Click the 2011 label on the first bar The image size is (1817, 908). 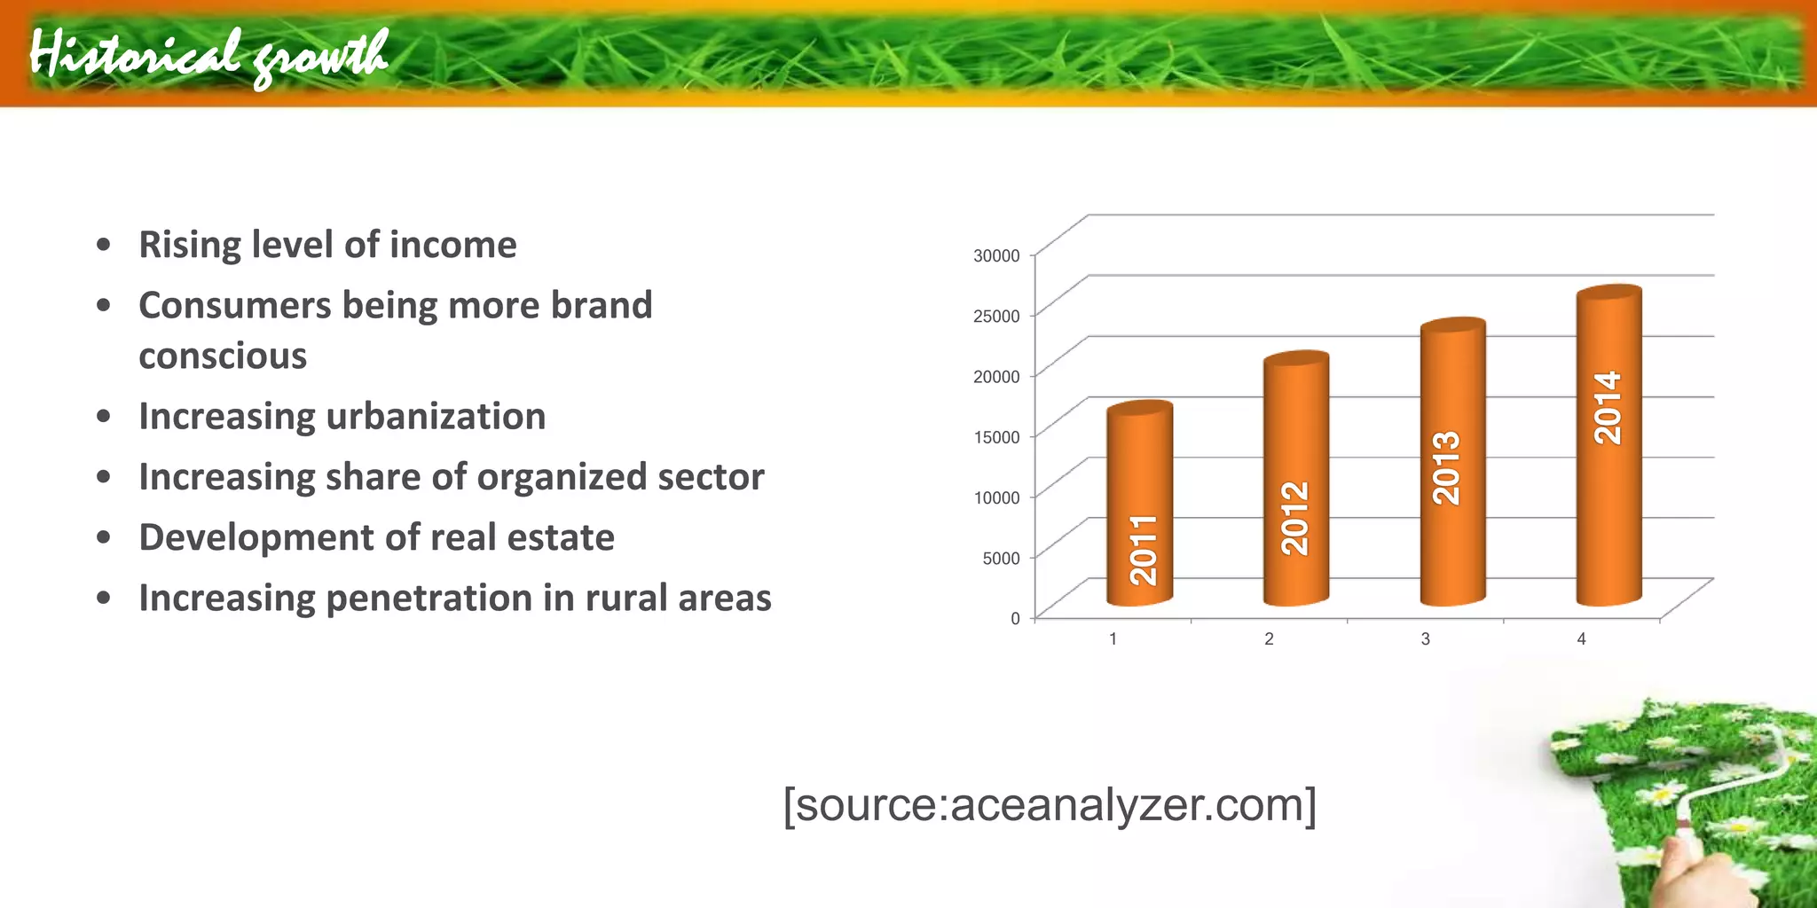(1143, 551)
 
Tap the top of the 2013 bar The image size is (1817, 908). (1452, 326)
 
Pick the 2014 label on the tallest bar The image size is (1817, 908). (1608, 408)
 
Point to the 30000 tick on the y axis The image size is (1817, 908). (996, 255)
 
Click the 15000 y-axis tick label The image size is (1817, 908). (996, 437)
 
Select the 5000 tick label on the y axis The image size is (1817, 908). (1001, 558)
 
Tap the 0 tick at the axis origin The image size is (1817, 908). (1015, 618)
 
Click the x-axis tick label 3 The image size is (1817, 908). (1425, 638)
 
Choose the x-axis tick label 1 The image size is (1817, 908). (1113, 638)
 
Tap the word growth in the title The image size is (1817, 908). (321, 56)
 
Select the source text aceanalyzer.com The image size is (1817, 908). (1049, 804)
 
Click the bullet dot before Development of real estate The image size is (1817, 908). (104, 537)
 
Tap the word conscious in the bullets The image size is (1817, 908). (223, 356)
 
